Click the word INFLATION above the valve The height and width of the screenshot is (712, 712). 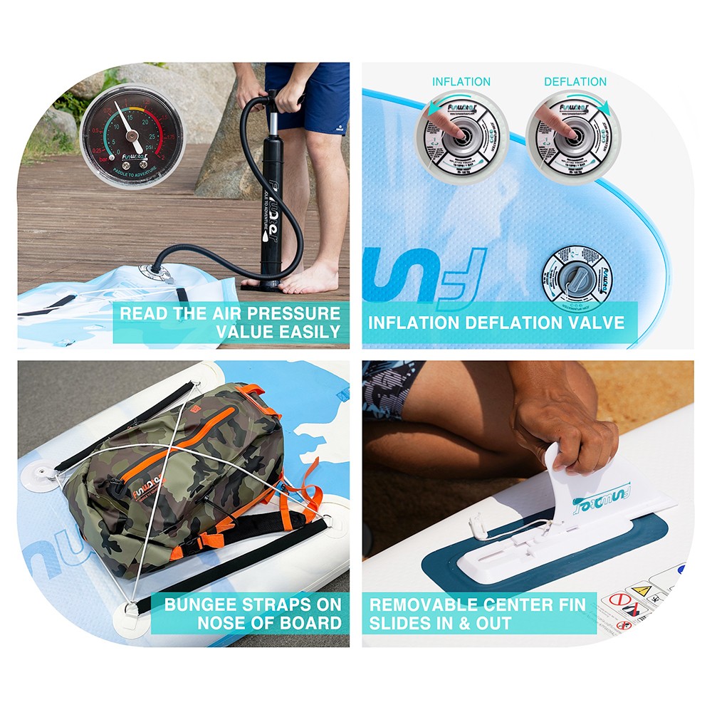coord(461,82)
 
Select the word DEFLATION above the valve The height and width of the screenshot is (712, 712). coord(575,82)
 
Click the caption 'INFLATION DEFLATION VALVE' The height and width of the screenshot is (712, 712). coord(496,323)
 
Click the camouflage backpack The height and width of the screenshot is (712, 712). coord(178,477)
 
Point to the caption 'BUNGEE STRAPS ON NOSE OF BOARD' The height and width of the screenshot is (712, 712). coord(253,614)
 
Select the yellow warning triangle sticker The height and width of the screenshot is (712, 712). coord(642,590)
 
